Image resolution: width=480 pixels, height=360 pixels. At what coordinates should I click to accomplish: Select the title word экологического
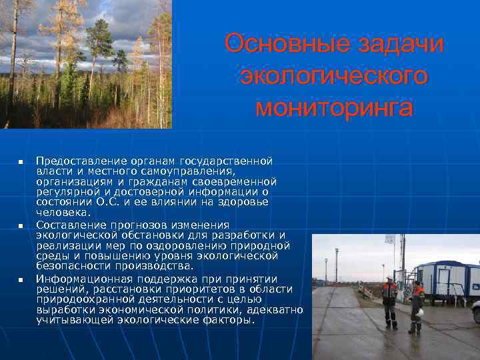333,75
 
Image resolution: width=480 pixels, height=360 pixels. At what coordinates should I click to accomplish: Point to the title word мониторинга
333,107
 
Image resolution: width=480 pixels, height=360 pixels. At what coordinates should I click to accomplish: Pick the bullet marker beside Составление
21,227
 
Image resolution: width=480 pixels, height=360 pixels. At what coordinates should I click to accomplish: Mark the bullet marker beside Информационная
21,279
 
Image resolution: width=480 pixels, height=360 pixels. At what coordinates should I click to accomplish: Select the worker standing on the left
389,301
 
